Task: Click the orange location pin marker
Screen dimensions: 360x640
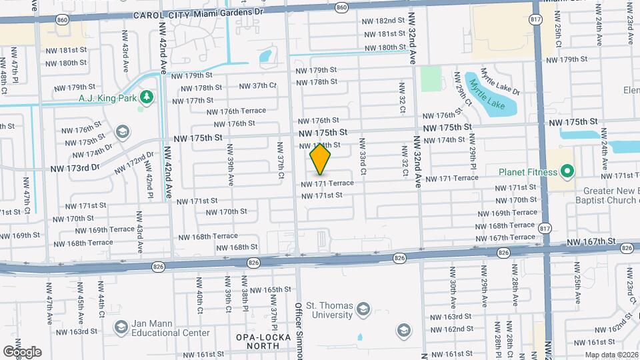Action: click(321, 159)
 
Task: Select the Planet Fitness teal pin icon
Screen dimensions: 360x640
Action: click(567, 172)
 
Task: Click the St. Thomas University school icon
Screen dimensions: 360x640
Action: click(363, 308)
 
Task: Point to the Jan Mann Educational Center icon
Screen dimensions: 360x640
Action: click(121, 327)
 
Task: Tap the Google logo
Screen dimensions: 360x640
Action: click(22, 351)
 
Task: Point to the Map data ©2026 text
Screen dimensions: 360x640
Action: click(612, 354)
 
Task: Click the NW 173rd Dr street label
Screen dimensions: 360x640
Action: click(75, 169)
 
